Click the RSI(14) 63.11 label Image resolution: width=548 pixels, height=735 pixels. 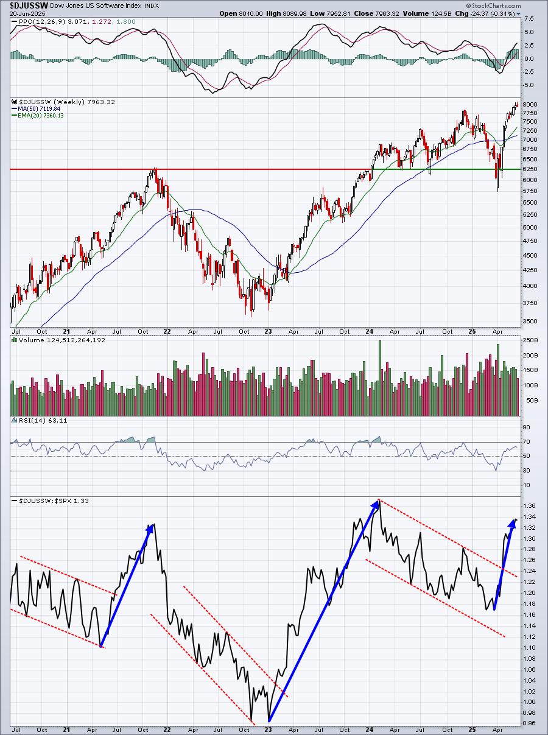32,420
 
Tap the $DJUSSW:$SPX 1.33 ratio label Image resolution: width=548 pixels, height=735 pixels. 46,501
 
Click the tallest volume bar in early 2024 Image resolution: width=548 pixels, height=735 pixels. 379,378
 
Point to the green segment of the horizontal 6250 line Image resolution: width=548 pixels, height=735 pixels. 451,169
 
